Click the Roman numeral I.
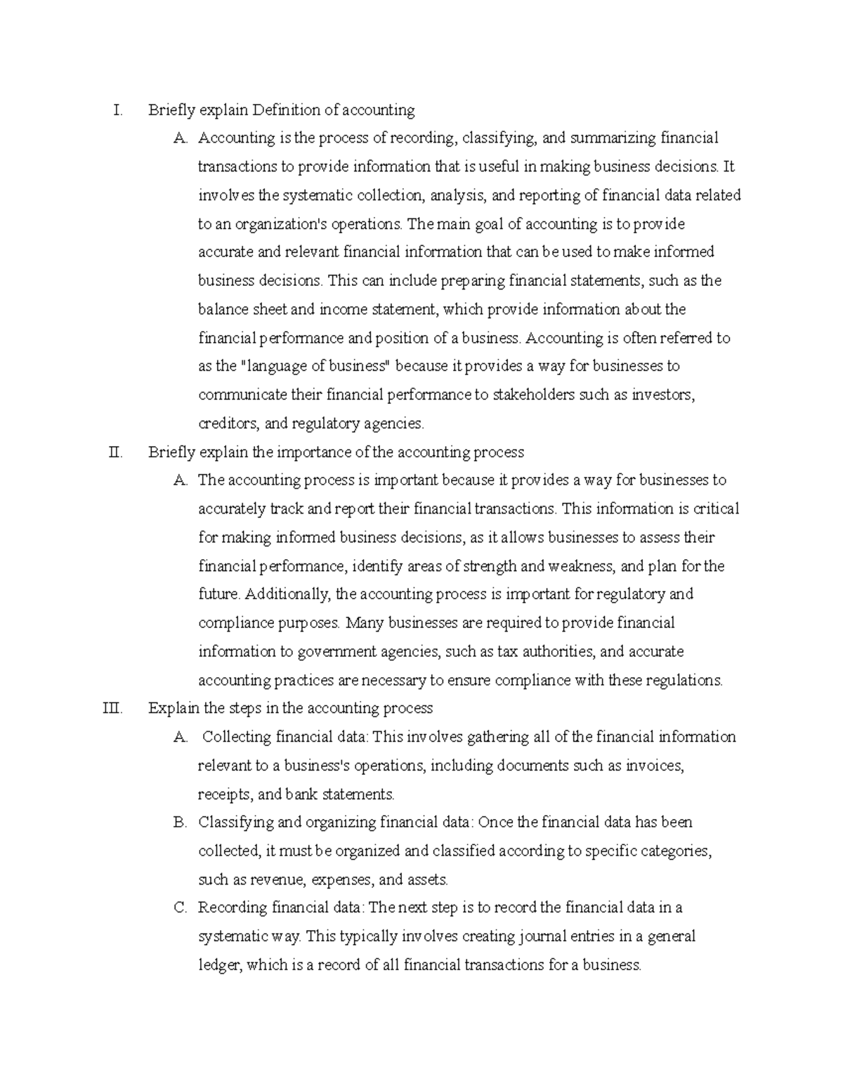[117, 110]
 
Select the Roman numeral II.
[116, 452]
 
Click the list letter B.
[180, 823]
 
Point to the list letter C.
[180, 908]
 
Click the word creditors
[229, 424]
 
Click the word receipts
[225, 795]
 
